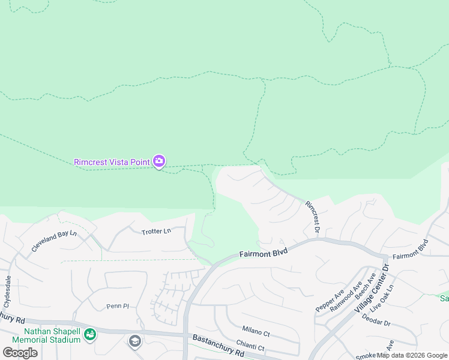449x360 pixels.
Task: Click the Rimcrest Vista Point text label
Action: point(112,161)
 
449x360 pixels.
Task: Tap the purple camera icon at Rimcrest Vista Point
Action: point(159,161)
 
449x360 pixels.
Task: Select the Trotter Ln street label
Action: point(156,231)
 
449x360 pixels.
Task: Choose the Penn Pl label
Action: point(118,306)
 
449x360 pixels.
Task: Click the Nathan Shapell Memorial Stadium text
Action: point(52,335)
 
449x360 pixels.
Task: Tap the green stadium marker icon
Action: point(90,334)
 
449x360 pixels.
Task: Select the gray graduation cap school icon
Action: point(135,341)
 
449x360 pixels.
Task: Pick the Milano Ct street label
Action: point(256,329)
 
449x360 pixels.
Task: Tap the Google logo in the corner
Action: point(20,353)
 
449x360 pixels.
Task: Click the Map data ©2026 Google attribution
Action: point(412,355)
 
